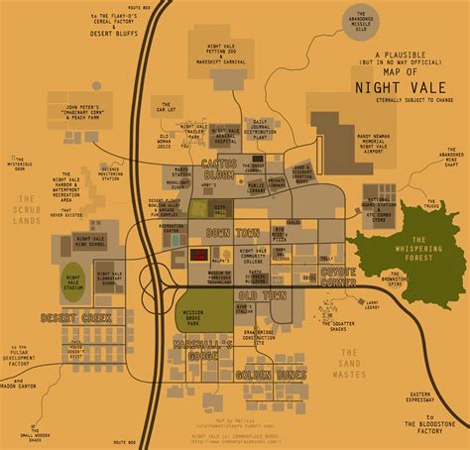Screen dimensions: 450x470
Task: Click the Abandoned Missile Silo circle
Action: point(370,21)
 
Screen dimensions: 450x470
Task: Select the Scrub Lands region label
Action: point(22,217)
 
